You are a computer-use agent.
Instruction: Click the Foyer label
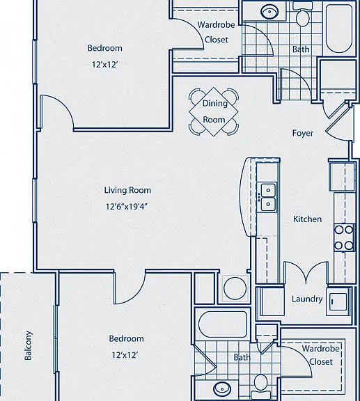(x=303, y=133)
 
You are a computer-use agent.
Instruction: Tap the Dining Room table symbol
(x=214, y=111)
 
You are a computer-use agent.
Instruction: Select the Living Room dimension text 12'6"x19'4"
(x=127, y=206)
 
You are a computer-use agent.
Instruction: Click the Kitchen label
(x=307, y=219)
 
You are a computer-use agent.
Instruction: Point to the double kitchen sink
(x=268, y=198)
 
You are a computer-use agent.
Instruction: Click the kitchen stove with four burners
(x=344, y=237)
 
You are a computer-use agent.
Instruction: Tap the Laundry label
(x=307, y=299)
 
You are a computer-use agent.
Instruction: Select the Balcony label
(x=28, y=345)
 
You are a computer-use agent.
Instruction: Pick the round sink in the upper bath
(x=269, y=12)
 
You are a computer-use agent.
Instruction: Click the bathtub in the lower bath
(x=223, y=324)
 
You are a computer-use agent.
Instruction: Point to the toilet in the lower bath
(x=261, y=387)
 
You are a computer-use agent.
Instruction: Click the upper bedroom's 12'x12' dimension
(x=104, y=65)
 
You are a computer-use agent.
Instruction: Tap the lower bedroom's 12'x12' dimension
(x=125, y=355)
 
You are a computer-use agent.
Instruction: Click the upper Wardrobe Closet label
(x=216, y=32)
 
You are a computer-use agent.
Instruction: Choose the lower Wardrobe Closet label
(x=321, y=355)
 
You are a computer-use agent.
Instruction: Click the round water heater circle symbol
(x=235, y=288)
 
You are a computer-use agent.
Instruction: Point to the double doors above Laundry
(x=306, y=272)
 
